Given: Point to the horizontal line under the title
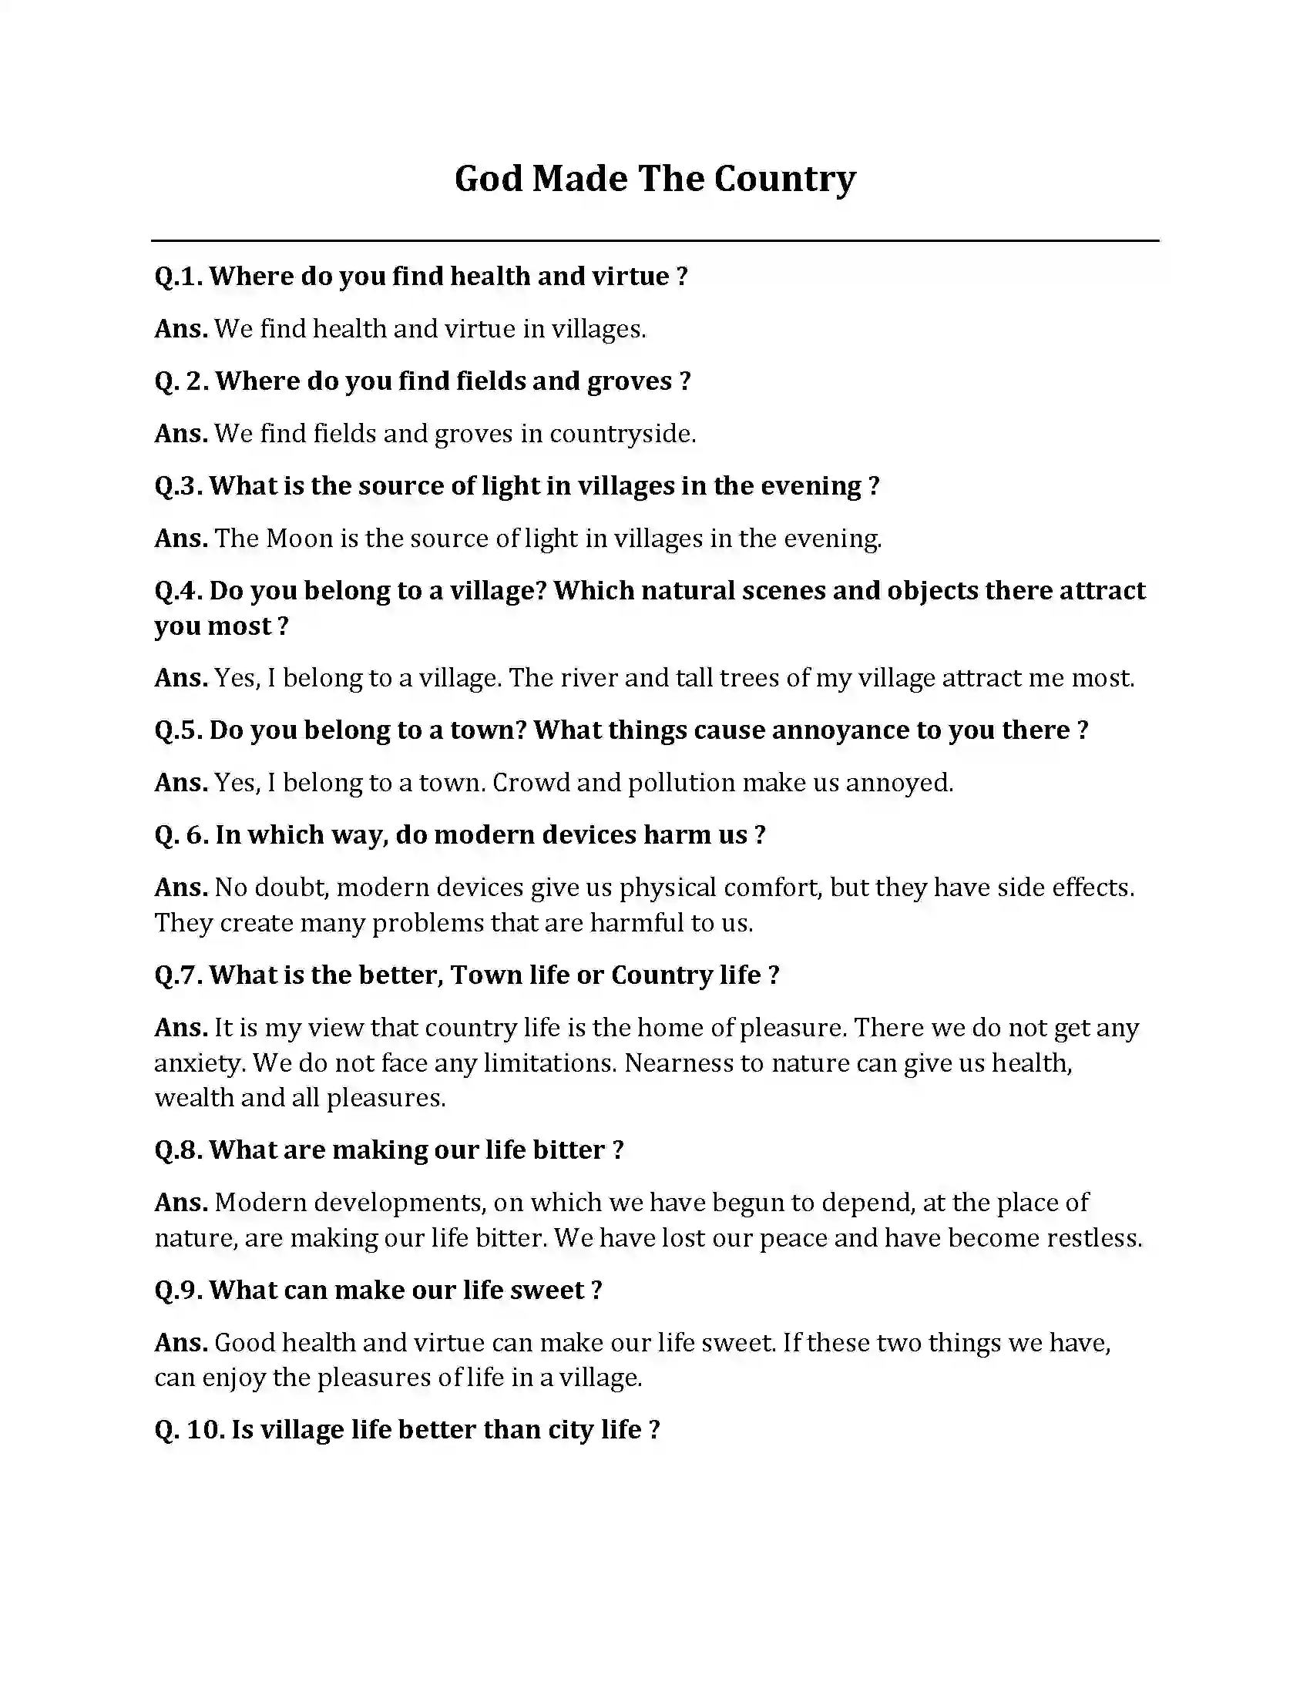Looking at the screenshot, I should point(654,240).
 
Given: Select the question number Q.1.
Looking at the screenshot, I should point(179,277).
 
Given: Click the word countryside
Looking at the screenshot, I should point(622,434).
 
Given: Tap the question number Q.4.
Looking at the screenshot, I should point(179,591).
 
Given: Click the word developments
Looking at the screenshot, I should point(400,1203).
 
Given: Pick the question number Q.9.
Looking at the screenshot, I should point(179,1290).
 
